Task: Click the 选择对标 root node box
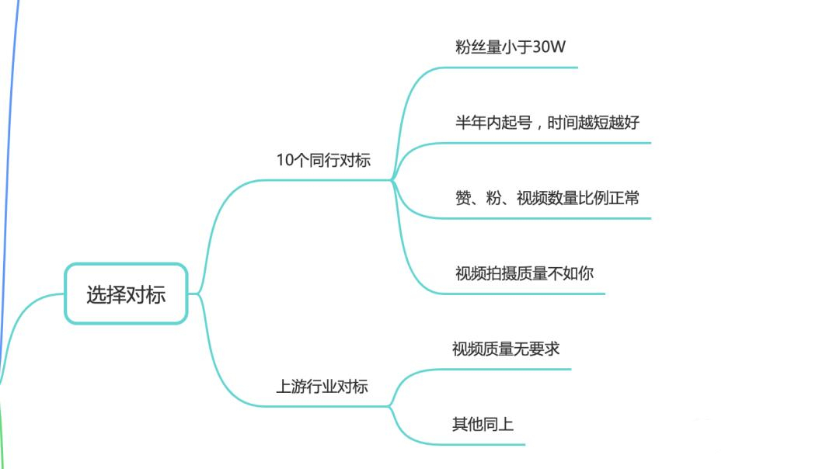pos(126,294)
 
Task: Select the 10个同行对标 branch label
pos(323,161)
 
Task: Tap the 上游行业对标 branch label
pos(322,386)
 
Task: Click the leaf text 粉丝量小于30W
pos(510,47)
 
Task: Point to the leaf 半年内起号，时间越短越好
pos(547,123)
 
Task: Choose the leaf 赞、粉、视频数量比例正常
pos(547,198)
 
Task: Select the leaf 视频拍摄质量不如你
pos(525,273)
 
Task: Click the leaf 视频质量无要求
pos(505,349)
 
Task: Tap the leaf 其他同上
pos(483,424)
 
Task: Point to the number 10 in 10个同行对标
pos(284,161)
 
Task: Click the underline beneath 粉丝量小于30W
pos(513,68)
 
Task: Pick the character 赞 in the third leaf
pos(464,198)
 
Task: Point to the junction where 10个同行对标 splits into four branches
pos(392,180)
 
